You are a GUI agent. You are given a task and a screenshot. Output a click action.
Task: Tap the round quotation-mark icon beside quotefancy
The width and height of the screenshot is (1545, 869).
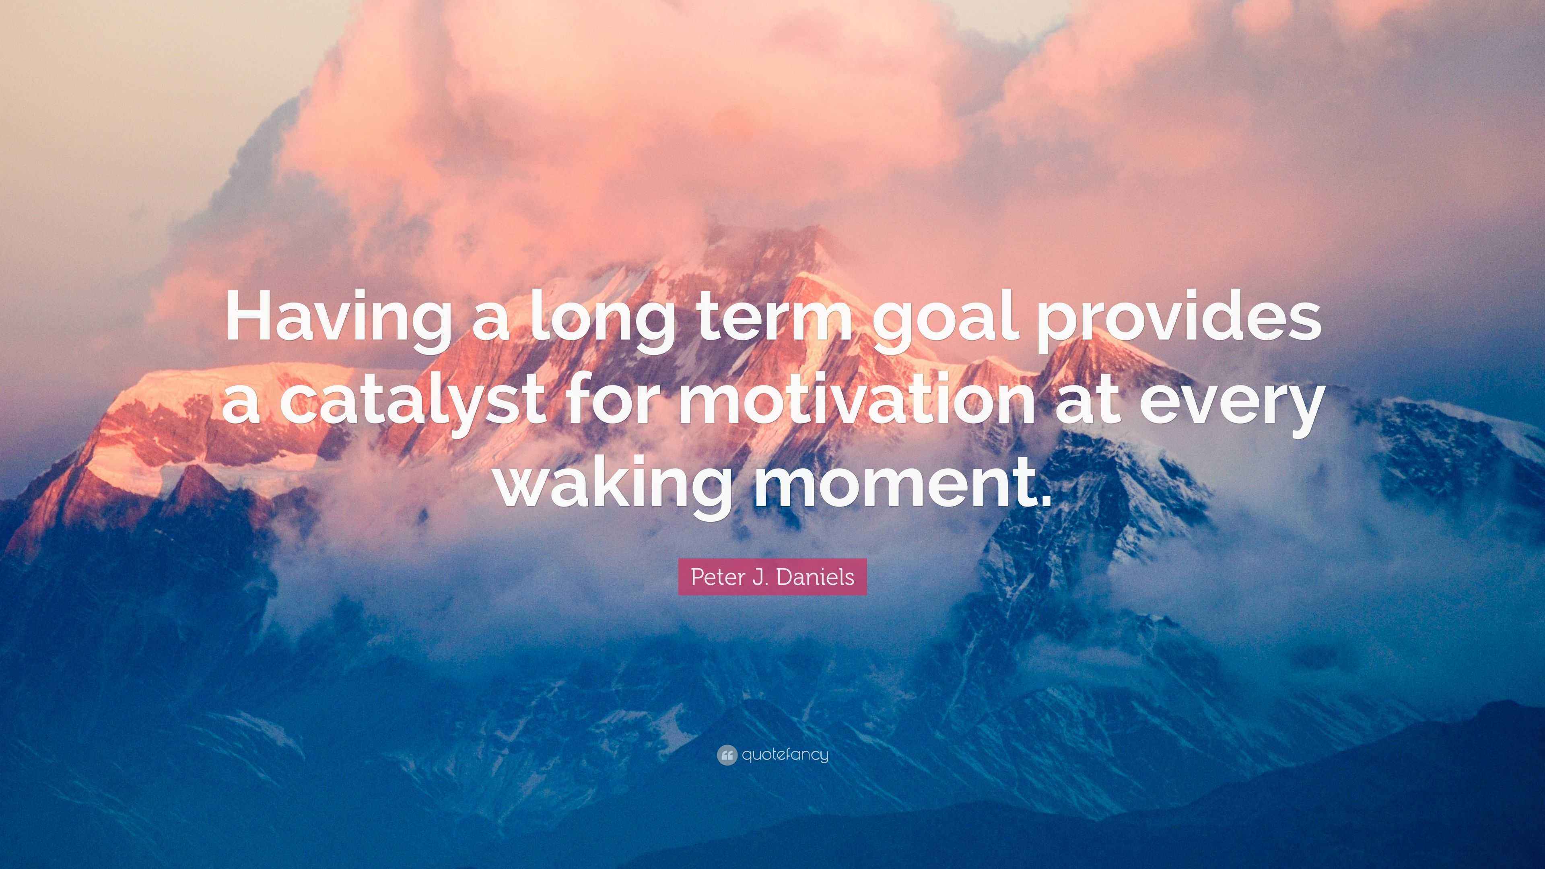(726, 755)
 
